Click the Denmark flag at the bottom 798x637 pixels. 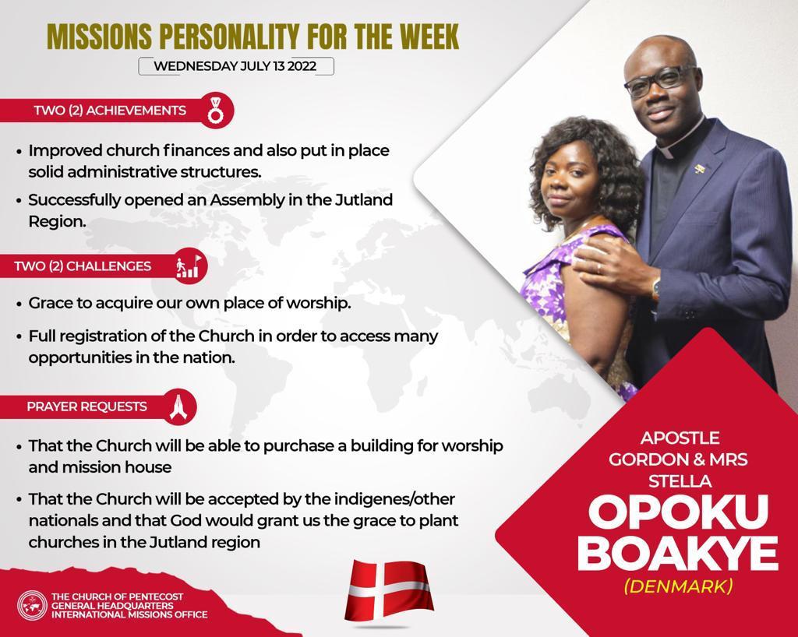click(x=389, y=589)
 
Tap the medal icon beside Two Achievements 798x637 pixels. click(x=215, y=111)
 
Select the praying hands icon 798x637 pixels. click(x=178, y=406)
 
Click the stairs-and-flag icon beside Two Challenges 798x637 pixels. click(x=189, y=266)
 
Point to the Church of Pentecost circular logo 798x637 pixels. click(x=32, y=606)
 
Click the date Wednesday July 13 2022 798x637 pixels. click(x=235, y=66)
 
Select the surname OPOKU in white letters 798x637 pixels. click(x=679, y=512)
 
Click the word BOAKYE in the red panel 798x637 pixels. click(x=677, y=553)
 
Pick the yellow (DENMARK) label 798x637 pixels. click(x=679, y=586)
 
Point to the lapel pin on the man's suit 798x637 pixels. click(x=701, y=168)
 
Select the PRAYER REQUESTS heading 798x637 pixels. click(x=87, y=406)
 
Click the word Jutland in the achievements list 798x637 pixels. click(x=363, y=200)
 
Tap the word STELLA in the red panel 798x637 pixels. click(x=680, y=481)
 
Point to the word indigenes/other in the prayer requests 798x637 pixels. click(x=394, y=500)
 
